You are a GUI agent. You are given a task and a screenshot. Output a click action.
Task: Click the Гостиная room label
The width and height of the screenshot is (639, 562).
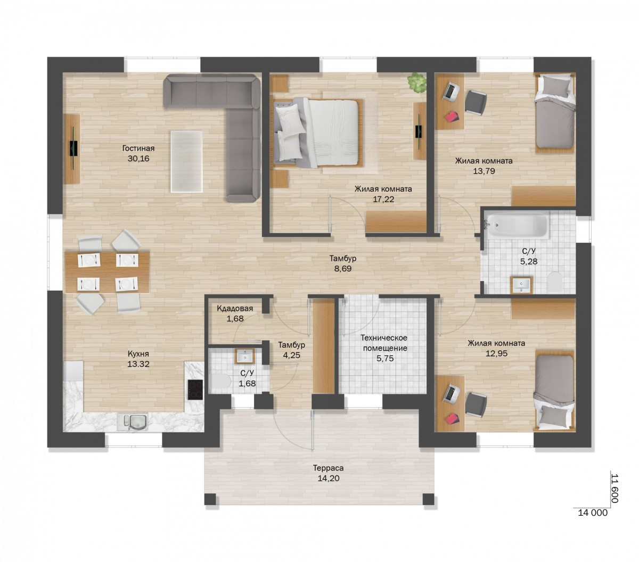pyautogui.click(x=138, y=148)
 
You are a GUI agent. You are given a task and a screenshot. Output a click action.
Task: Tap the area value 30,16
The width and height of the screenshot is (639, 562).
pyautogui.click(x=138, y=159)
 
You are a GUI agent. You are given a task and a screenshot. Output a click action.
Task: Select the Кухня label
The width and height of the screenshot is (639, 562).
pyautogui.click(x=138, y=354)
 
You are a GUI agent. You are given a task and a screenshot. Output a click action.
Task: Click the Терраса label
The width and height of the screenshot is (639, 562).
pyautogui.click(x=328, y=468)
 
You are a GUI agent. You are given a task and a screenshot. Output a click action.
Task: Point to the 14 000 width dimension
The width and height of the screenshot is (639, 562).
pyautogui.click(x=592, y=513)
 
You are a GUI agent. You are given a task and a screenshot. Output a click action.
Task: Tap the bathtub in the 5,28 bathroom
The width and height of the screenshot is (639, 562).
pyautogui.click(x=516, y=225)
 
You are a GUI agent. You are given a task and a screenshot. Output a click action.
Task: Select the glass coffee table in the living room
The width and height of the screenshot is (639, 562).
pyautogui.click(x=186, y=161)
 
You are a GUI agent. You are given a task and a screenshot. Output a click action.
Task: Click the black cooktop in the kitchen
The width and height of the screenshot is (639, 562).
pyautogui.click(x=195, y=390)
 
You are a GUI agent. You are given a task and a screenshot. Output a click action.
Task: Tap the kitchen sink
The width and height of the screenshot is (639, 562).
pyautogui.click(x=132, y=423)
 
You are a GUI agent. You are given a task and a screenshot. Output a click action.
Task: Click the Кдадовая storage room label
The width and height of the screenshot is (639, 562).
pyautogui.click(x=235, y=309)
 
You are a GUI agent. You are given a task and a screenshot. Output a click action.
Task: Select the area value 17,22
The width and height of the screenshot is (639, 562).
pyautogui.click(x=383, y=199)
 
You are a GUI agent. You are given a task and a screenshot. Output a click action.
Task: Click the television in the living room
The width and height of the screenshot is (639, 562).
pyautogui.click(x=73, y=148)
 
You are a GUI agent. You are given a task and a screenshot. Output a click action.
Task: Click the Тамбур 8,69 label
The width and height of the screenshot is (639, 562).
pyautogui.click(x=343, y=263)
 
